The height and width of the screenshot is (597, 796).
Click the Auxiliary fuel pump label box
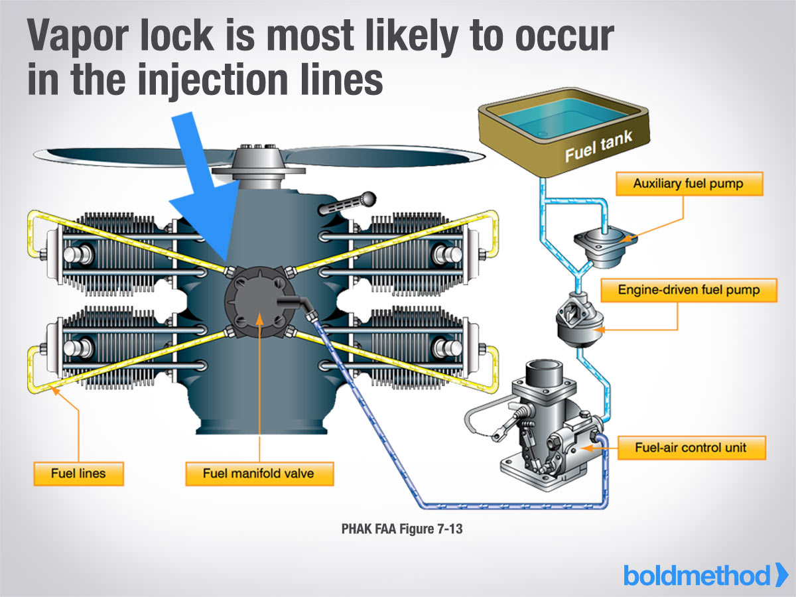pos(689,184)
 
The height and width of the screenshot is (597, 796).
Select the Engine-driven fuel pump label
pos(689,290)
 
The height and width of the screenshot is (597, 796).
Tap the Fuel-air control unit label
pos(692,448)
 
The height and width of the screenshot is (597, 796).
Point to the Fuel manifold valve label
pos(259,474)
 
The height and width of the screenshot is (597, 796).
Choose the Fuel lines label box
pos(78,474)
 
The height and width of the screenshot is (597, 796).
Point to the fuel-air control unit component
pos(548,428)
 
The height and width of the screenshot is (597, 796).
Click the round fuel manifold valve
pos(259,302)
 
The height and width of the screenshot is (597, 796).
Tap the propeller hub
pos(258,165)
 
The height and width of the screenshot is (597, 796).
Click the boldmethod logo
pos(705,575)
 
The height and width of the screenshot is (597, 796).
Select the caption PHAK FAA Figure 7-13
pos(402,529)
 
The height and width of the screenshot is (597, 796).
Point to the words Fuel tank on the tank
pos(598,147)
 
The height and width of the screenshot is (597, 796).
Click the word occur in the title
pos(564,36)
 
